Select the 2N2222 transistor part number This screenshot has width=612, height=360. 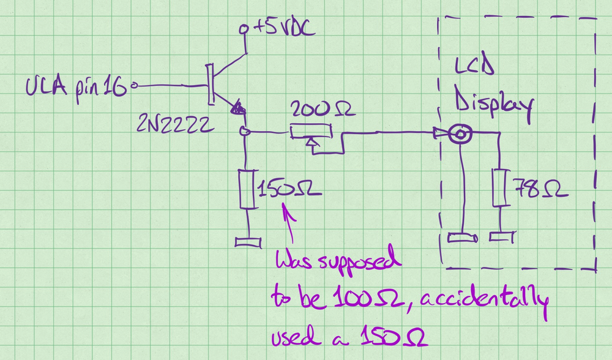click(x=177, y=126)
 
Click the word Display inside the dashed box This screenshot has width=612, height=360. click(x=492, y=104)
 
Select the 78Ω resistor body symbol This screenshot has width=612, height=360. click(x=500, y=187)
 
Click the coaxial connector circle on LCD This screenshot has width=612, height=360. click(x=458, y=133)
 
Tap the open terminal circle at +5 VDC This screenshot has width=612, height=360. click(x=245, y=28)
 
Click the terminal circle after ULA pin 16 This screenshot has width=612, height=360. click(x=135, y=86)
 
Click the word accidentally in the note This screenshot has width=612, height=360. click(x=489, y=299)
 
